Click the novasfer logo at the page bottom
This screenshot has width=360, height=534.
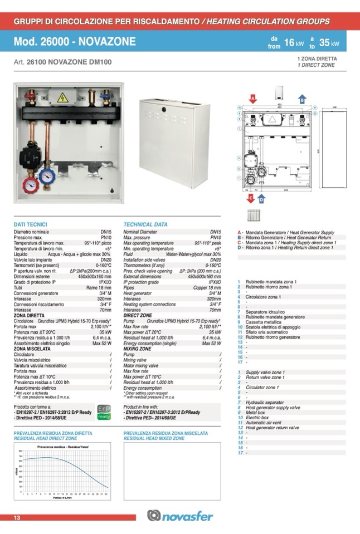179,516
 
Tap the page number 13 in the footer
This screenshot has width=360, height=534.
17,518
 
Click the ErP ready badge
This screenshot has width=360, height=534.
104,412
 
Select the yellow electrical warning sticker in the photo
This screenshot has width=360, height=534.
62,97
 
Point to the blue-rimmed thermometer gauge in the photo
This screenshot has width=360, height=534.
47,176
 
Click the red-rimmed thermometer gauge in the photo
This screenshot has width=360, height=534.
30,185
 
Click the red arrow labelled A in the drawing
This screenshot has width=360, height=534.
252,99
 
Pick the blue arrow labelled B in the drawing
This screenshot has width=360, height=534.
301,100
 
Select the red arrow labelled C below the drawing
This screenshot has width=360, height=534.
251,198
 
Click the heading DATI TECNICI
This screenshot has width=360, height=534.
30,224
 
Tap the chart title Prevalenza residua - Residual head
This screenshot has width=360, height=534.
62,447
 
